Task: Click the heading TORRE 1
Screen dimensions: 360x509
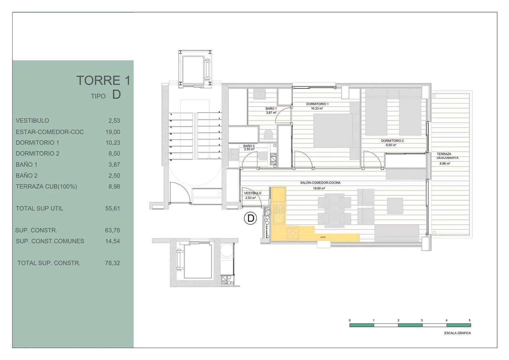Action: click(103, 81)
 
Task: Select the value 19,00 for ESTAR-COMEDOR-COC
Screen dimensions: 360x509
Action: click(113, 132)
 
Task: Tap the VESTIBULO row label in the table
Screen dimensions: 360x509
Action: click(32, 121)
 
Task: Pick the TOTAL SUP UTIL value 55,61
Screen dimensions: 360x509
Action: click(113, 208)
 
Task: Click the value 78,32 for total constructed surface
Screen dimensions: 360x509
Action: click(113, 263)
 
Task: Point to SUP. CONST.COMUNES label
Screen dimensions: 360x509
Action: click(50, 241)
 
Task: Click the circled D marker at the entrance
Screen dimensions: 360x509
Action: click(250, 218)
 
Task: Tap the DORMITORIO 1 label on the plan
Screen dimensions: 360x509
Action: click(317, 104)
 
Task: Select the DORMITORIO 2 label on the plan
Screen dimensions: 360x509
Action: click(392, 141)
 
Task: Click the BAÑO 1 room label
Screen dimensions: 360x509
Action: click(271, 109)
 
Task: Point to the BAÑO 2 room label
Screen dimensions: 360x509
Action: click(249, 146)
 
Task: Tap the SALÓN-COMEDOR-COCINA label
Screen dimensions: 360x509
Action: click(320, 183)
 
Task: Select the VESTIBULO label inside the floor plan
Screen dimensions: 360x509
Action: click(252, 193)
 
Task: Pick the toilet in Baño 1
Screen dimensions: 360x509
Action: click(268, 135)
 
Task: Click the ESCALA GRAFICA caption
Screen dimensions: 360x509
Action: click(457, 333)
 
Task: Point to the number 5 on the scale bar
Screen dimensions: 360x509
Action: click(470, 320)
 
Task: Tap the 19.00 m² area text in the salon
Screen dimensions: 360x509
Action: click(319, 188)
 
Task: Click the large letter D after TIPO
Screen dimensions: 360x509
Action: click(116, 95)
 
